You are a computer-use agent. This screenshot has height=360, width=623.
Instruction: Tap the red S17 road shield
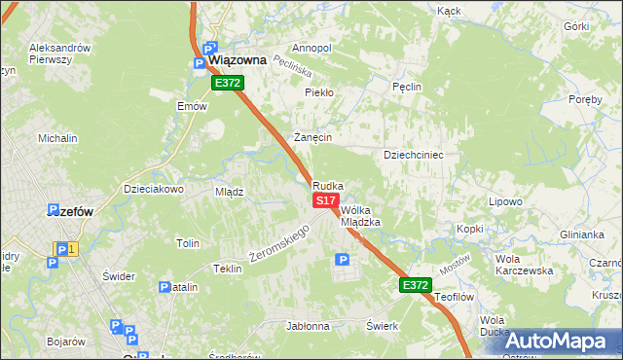pyautogui.click(x=325, y=199)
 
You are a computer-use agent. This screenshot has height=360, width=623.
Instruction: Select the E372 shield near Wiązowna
pyautogui.click(x=227, y=84)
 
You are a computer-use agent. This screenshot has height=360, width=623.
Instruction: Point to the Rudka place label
pyautogui.click(x=328, y=185)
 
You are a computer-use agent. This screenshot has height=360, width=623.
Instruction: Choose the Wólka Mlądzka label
pyautogui.click(x=360, y=216)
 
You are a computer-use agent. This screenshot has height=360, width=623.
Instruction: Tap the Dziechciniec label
pyautogui.click(x=414, y=154)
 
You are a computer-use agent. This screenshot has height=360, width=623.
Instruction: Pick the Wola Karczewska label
pyautogui.click(x=524, y=265)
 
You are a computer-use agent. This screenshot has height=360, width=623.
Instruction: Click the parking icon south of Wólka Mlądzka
pyautogui.click(x=342, y=259)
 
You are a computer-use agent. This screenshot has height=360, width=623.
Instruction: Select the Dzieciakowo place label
pyautogui.click(x=154, y=189)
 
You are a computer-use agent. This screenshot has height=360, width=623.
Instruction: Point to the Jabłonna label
pyautogui.click(x=308, y=326)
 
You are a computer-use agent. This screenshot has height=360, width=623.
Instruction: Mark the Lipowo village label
pyautogui.click(x=505, y=202)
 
